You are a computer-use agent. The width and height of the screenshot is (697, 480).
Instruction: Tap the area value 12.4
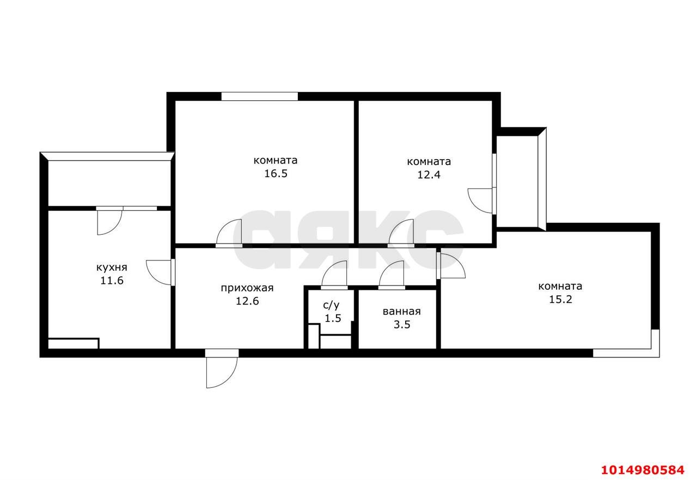pos(429,175)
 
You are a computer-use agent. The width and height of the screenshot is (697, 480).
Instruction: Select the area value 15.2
pos(560,300)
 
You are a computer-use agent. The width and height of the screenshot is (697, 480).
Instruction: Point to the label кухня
pos(112,268)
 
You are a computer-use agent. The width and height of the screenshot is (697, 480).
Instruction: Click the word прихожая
pos(247,288)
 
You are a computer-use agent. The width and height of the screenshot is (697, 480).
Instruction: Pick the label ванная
pos(401,312)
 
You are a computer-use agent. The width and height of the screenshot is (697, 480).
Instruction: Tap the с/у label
pos(332,306)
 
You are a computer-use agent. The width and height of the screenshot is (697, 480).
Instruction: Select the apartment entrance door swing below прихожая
pos(221,369)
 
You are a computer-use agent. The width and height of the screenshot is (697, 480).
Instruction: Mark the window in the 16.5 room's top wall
pos(259,96)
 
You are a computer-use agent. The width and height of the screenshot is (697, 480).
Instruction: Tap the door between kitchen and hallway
pos(160,271)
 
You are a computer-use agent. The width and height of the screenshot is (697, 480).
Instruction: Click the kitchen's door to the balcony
pos(109,221)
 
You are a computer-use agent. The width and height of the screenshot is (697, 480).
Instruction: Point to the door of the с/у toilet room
pos(334,275)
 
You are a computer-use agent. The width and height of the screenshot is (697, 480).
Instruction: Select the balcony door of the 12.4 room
pos(480,200)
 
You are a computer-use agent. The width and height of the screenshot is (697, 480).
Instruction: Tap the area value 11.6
pos(112,281)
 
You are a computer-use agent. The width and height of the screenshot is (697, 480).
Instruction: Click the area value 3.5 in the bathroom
pos(401,325)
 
